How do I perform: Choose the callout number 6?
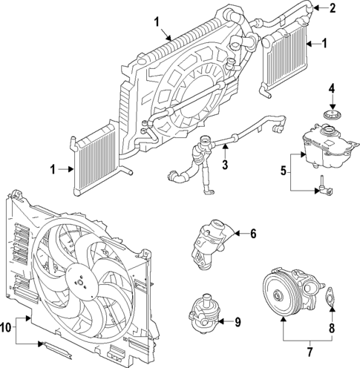[x=252, y=234]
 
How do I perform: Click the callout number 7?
[x=309, y=348]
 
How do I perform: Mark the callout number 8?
[x=332, y=326]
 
